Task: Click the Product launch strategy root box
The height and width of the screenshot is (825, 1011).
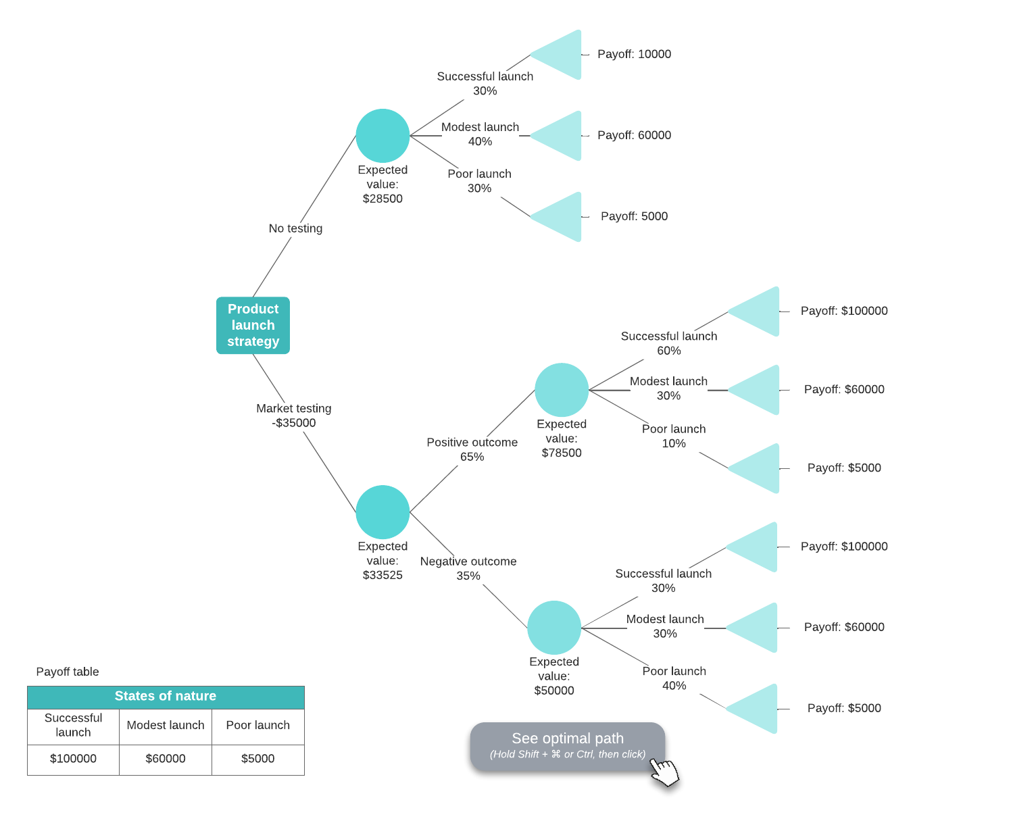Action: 253,325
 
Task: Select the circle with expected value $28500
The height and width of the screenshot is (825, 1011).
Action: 383,136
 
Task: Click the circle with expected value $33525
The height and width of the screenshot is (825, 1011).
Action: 383,512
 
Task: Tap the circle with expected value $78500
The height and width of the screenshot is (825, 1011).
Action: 562,390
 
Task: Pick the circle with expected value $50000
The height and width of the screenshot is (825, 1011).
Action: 554,628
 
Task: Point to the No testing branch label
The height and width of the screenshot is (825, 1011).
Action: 295,228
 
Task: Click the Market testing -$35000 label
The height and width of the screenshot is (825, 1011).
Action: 294,416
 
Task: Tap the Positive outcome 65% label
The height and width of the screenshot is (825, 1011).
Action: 472,449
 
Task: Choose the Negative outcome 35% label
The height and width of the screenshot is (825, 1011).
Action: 468,568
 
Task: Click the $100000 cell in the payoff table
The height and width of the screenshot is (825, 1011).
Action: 73,759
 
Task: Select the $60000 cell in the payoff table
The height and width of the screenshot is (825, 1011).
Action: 166,759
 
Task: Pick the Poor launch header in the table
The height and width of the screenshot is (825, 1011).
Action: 257,725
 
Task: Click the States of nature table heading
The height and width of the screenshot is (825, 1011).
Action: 166,697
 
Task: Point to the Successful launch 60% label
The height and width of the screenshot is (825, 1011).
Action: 669,343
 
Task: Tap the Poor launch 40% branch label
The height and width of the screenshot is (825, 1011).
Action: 674,678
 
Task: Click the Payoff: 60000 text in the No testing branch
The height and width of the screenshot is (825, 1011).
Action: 634,135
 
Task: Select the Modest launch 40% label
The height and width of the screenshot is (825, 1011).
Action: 480,134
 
